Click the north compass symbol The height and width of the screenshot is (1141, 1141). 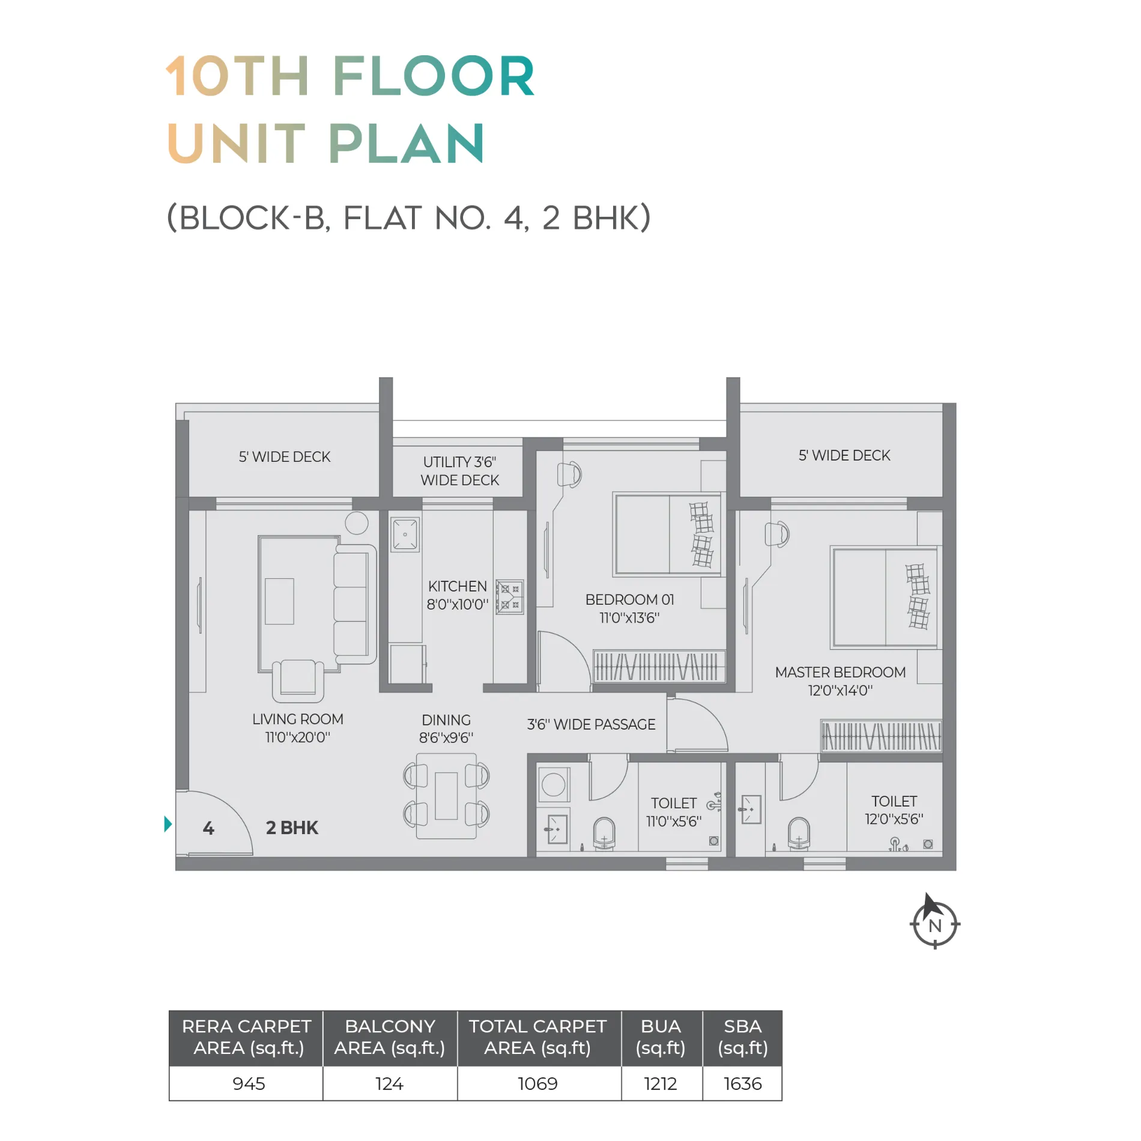click(934, 922)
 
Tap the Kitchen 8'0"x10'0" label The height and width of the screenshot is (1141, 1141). click(458, 595)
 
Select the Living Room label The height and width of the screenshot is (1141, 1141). click(298, 728)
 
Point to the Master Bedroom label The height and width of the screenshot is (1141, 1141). click(840, 681)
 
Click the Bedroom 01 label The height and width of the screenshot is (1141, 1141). click(629, 608)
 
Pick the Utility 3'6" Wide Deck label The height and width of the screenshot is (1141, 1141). click(460, 471)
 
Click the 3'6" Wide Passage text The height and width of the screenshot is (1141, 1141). click(591, 724)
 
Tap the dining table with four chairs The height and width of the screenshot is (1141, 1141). click(446, 796)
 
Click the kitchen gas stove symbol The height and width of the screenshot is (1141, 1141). click(509, 596)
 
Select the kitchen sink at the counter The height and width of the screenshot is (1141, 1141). click(405, 534)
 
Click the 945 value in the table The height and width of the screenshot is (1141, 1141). click(249, 1083)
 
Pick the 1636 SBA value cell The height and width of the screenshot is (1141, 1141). click(742, 1083)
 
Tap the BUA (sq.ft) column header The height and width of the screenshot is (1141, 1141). click(661, 1037)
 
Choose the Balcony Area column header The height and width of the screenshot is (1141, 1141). click(390, 1037)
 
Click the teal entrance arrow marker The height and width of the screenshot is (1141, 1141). click(168, 824)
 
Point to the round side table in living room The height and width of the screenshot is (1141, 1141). click(357, 523)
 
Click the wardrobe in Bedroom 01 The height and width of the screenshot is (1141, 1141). click(659, 666)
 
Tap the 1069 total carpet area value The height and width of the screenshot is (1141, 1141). click(537, 1083)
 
